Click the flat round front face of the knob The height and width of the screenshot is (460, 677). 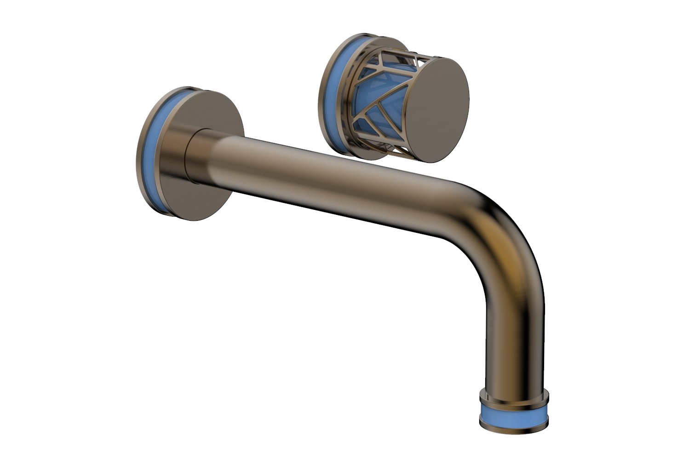pyautogui.click(x=437, y=110)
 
